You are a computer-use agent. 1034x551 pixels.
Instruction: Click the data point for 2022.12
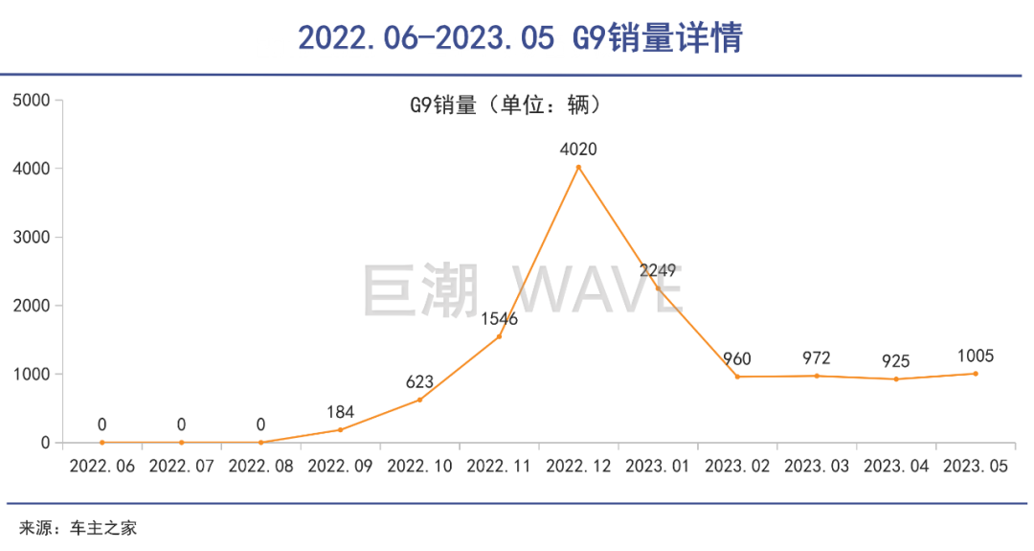pos(578,168)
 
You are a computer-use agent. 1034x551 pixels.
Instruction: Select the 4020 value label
pos(578,149)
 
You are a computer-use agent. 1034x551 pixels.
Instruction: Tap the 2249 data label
pos(658,270)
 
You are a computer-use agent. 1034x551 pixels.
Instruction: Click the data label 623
pos(419,381)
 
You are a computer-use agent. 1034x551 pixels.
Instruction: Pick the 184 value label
pos(340,412)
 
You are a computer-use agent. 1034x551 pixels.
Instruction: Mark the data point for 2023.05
pos(976,374)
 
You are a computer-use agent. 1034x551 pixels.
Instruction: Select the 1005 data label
pos(976,356)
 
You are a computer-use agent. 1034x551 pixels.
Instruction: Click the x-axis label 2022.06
pos(102,466)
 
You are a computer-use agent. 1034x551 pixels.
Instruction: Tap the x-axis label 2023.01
pos(658,466)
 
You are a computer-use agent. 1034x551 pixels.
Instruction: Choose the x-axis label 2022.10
pos(419,466)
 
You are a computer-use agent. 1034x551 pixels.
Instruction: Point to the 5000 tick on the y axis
pos(31,101)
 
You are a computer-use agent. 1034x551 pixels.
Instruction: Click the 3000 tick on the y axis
pos(31,238)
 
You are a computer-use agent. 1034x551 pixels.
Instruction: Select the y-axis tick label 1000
pos(31,375)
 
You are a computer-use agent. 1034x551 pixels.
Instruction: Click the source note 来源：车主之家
pos(79,527)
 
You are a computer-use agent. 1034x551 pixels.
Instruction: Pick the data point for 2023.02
pos(737,377)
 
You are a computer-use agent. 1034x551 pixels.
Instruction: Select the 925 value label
pos(896,361)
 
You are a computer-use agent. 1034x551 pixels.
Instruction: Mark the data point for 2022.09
pos(340,429)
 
